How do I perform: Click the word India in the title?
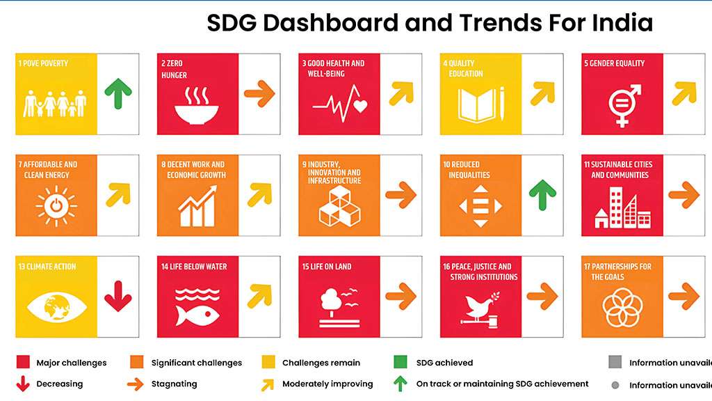[622, 22]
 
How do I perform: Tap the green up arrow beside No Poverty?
[118, 93]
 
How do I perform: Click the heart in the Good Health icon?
[360, 106]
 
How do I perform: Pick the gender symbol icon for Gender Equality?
[624, 105]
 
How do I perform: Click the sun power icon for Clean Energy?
[56, 206]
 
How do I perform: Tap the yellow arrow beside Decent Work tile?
[260, 195]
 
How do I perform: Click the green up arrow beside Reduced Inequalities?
[542, 195]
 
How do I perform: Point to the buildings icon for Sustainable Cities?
[622, 208]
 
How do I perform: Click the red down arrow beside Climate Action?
[118, 296]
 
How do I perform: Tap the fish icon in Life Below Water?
[197, 315]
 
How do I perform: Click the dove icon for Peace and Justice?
[480, 305]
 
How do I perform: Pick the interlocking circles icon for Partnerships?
[622, 307]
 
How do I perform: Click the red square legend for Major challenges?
[23, 362]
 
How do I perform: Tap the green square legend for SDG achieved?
[400, 362]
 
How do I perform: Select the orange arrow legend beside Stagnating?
[136, 384]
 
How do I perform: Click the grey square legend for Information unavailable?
[615, 362]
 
